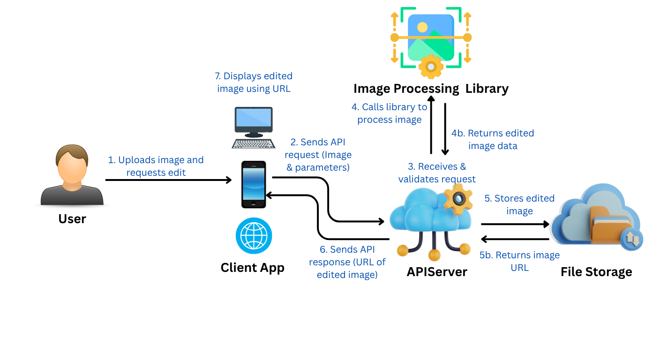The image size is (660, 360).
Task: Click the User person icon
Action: coord(72,175)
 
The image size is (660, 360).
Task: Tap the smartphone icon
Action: coord(253,184)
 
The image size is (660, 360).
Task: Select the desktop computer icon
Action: coord(254,127)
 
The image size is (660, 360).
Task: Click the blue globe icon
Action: coord(254,236)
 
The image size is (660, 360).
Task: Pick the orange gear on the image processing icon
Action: coord(430,67)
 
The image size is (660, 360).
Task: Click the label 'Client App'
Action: coord(252,267)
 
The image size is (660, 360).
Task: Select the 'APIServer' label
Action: coord(436,271)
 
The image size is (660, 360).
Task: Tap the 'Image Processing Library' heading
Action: coord(430,88)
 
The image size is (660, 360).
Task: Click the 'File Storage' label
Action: coord(596,271)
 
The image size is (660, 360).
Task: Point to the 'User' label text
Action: coord(72,218)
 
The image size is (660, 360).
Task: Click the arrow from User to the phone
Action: coord(169,180)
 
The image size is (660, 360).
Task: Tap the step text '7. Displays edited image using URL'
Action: coord(254,82)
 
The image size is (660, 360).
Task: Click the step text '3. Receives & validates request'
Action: coord(437,172)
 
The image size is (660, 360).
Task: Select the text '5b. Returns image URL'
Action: coord(519,261)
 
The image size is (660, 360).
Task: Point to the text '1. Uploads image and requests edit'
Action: coord(156,166)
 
